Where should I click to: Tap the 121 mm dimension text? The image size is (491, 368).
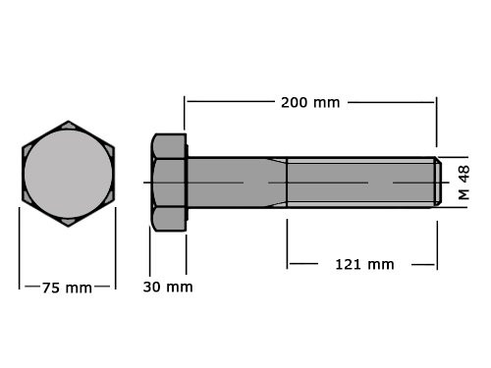(365, 263)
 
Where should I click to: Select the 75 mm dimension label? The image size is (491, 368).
(67, 288)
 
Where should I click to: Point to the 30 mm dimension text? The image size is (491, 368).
(167, 287)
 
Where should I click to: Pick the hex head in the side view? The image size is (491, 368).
(168, 182)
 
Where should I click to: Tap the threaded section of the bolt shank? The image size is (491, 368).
(358, 183)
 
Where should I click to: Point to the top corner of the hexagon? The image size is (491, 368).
(68, 123)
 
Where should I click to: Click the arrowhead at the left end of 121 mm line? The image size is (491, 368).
(291, 263)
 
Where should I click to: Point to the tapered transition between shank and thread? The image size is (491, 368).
(277, 183)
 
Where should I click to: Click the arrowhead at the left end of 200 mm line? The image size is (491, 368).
(189, 102)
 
